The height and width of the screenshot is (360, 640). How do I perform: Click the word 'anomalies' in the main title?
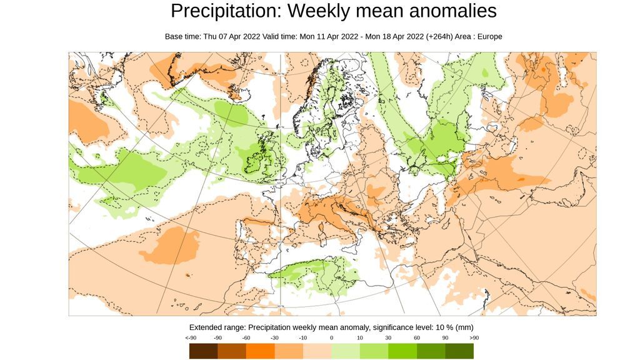pyautogui.click(x=448, y=11)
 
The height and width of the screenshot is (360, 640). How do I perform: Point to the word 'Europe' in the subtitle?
pyautogui.click(x=488, y=36)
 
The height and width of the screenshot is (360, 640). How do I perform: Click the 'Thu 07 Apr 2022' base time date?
pyautogui.click(x=231, y=36)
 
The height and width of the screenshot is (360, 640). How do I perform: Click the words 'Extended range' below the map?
pyautogui.click(x=217, y=327)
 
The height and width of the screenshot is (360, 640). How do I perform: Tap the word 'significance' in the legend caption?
pyautogui.click(x=383, y=327)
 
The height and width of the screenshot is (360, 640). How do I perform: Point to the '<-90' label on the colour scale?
pyautogui.click(x=191, y=338)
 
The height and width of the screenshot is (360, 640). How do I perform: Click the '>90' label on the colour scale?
pyautogui.click(x=473, y=338)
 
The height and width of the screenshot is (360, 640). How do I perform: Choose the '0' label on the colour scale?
pyautogui.click(x=331, y=338)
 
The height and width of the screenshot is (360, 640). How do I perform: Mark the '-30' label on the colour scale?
pyautogui.click(x=274, y=338)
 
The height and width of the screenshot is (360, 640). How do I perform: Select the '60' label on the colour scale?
pyautogui.click(x=416, y=338)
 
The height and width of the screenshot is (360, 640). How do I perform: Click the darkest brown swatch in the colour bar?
pyautogui.click(x=203, y=351)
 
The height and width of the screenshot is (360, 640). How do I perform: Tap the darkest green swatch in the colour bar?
pyautogui.click(x=459, y=351)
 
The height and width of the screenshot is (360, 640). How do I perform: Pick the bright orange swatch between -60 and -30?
pyautogui.click(x=260, y=351)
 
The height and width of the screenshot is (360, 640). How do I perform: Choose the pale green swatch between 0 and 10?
pyautogui.click(x=346, y=351)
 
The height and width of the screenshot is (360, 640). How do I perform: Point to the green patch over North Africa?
pyautogui.click(x=312, y=273)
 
